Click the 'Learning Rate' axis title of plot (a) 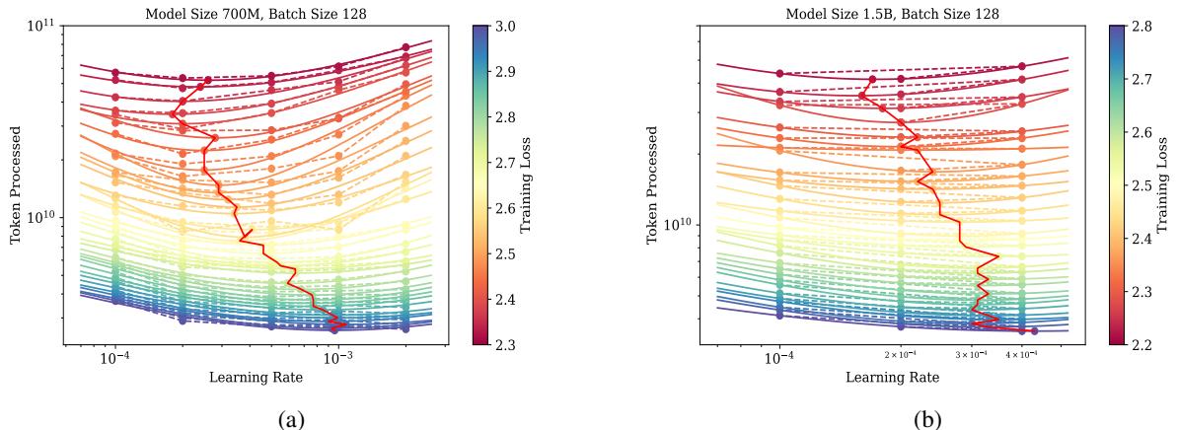(255, 378)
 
